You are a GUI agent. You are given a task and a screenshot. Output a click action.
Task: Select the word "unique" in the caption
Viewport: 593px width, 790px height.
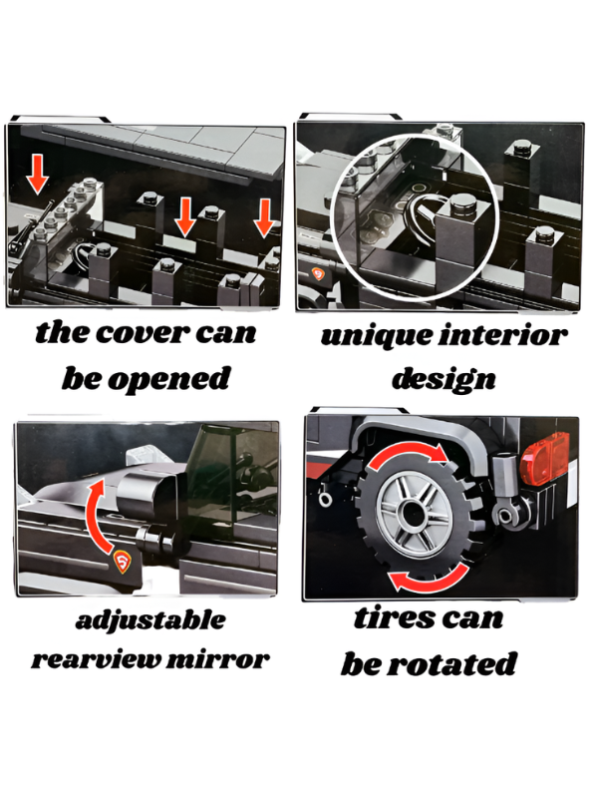tap(375, 336)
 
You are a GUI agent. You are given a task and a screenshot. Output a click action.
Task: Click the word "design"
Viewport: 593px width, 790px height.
tap(444, 379)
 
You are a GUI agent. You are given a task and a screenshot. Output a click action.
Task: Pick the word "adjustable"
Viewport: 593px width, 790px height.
tap(150, 619)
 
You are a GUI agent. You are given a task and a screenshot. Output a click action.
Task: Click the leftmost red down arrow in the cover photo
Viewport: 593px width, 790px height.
tap(37, 175)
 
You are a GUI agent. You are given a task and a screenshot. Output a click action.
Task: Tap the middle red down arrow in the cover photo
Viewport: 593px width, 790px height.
tap(185, 216)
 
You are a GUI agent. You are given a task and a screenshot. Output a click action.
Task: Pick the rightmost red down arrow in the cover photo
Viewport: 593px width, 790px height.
tap(263, 217)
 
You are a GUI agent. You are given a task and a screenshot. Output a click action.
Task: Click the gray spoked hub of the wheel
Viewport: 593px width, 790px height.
tap(415, 515)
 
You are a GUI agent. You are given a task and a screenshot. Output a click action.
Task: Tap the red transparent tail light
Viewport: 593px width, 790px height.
tap(546, 459)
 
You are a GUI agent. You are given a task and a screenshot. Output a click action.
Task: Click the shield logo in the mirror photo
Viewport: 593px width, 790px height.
tap(123, 562)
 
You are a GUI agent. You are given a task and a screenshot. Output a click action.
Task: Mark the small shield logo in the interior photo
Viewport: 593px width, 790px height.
tap(318, 274)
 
